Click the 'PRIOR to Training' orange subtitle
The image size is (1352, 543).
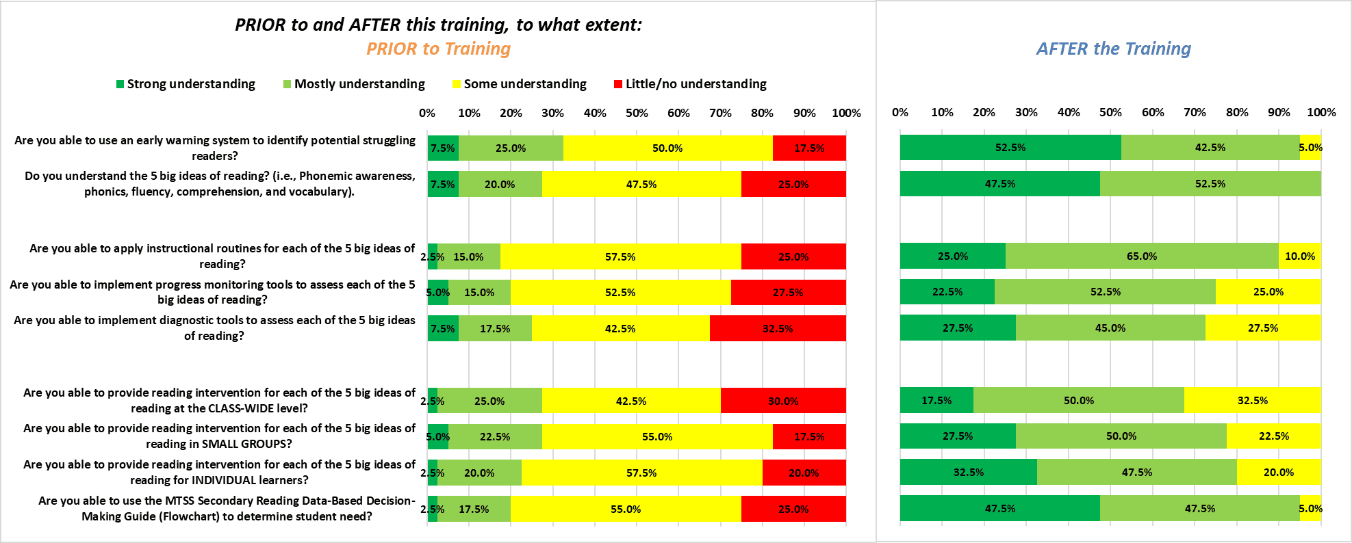pyautogui.click(x=438, y=49)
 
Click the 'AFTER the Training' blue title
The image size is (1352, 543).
pyautogui.click(x=1114, y=49)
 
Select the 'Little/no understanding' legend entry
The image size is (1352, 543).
pyautogui.click(x=690, y=84)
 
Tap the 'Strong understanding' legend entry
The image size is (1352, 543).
pyautogui.click(x=186, y=84)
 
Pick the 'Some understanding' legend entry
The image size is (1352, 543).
pyautogui.click(x=520, y=84)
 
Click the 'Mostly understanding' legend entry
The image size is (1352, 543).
pyautogui.click(x=354, y=84)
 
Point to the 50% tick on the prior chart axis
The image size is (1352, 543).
pyautogui.click(x=637, y=113)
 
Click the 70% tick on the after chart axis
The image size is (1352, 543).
pyautogui.click(x=1195, y=112)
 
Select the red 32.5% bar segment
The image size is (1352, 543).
pyautogui.click(x=778, y=328)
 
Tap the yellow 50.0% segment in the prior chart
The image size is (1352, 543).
pyautogui.click(x=668, y=148)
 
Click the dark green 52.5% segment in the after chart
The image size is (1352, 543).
pyautogui.click(x=1010, y=148)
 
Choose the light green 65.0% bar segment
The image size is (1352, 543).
pyautogui.click(x=1142, y=256)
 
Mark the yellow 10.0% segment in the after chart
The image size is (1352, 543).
pyautogui.click(x=1300, y=256)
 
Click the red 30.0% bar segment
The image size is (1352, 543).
pyautogui.click(x=783, y=401)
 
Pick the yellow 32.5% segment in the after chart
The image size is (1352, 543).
pyautogui.click(x=1253, y=400)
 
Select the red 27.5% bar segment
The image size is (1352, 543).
pyautogui.click(x=789, y=292)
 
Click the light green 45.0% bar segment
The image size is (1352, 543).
pyautogui.click(x=1110, y=328)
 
